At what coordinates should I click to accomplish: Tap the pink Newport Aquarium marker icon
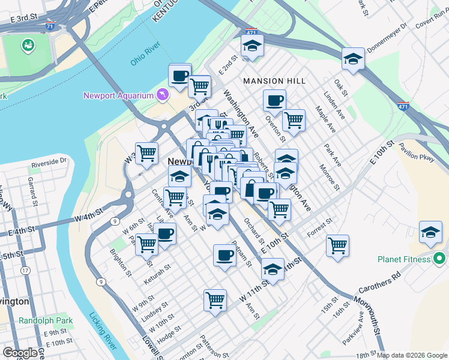[x=161, y=95]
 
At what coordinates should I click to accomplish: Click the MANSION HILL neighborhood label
[x=274, y=80]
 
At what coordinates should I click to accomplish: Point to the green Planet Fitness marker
[x=439, y=259]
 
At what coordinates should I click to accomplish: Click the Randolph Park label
[x=46, y=320]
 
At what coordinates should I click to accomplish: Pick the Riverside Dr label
[x=49, y=161]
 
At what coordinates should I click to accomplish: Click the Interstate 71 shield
[x=50, y=26]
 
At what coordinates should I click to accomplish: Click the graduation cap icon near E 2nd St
[x=253, y=45]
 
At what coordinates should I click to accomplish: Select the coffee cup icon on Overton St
[x=274, y=100]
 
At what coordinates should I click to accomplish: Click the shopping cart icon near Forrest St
[x=338, y=245]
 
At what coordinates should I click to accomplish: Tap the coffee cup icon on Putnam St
[x=224, y=254]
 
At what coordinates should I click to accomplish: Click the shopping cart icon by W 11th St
[x=215, y=299]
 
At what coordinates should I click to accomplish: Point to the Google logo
[x=19, y=353]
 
